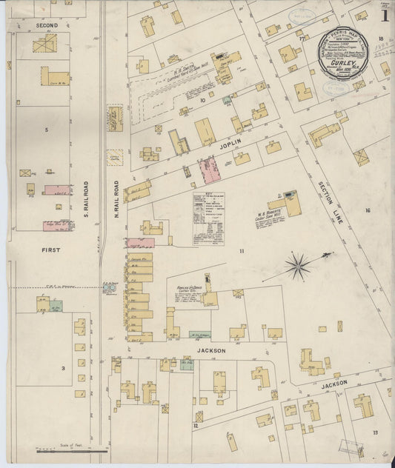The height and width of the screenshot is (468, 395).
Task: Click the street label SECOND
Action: tap(47, 25)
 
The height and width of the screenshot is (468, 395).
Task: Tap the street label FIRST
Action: tap(50, 250)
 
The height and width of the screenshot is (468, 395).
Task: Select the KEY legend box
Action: tap(209, 217)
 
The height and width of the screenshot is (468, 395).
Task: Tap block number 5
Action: tap(46, 130)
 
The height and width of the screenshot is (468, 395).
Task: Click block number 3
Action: tap(62, 367)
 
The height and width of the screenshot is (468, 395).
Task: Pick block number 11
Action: tap(241, 252)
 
